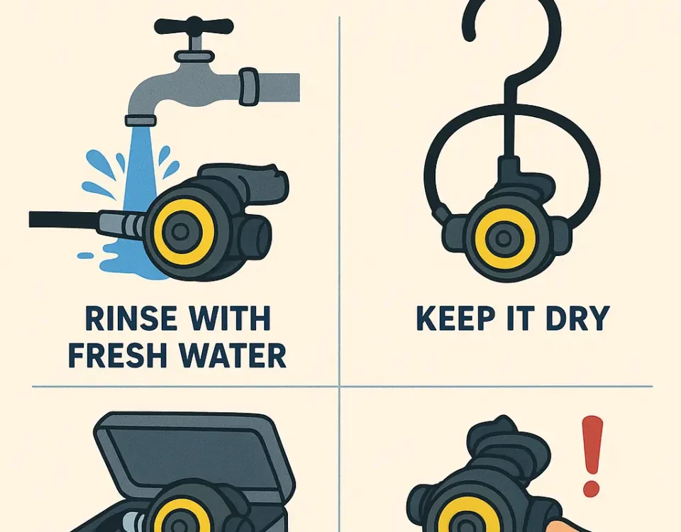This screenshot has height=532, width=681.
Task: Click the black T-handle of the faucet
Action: (194, 26)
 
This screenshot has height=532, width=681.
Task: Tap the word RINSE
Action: (131, 318)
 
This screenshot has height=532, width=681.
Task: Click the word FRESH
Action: (117, 355)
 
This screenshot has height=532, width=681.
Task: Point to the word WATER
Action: (233, 355)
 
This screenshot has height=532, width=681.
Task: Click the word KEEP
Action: (455, 318)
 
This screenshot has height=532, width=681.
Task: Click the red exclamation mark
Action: (592, 456)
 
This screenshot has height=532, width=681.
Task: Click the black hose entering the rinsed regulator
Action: (65, 219)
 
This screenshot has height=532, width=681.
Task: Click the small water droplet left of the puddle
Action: (86, 256)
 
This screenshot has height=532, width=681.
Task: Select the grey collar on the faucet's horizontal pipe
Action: (249, 87)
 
